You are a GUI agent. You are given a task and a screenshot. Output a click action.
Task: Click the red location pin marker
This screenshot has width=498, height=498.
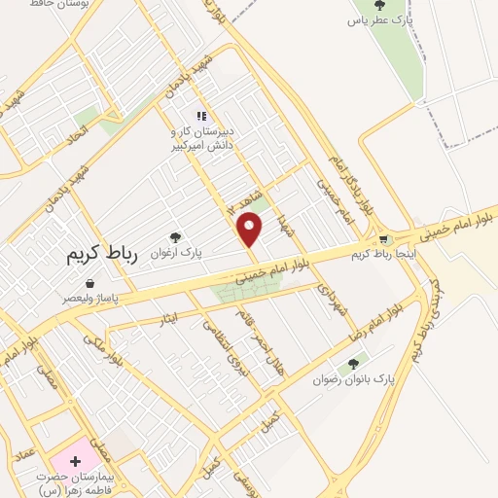(251, 230)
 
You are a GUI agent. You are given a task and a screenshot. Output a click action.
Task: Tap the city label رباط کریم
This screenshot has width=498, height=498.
(104, 255)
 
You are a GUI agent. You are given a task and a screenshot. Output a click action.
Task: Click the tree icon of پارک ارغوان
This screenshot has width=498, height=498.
(175, 236)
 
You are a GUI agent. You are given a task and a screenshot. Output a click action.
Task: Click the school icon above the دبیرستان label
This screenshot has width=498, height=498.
(201, 116)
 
